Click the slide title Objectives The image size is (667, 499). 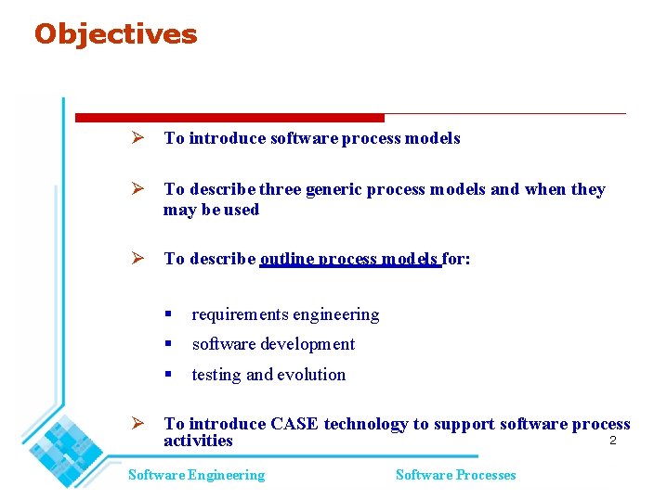point(115,34)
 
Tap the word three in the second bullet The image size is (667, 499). point(280,189)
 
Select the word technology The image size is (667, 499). point(365,424)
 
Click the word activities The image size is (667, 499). point(198,441)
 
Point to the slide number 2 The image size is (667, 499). point(612,441)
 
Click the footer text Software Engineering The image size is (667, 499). point(196,475)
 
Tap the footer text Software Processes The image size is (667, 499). point(455,475)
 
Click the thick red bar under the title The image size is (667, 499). point(229,118)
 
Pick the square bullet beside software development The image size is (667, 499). point(168,344)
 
